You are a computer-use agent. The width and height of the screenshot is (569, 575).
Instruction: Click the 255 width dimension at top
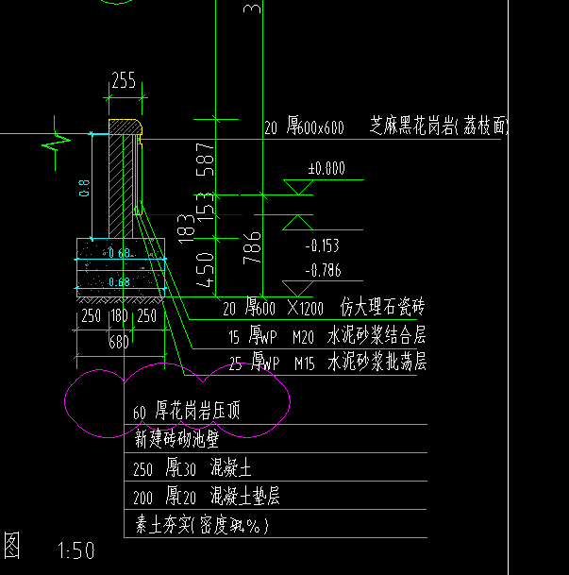click(123, 81)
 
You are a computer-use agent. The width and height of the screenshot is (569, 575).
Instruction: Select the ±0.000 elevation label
click(326, 170)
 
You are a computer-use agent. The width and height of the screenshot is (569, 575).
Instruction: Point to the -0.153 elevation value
click(323, 245)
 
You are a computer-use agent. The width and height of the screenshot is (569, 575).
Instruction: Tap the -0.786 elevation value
click(323, 271)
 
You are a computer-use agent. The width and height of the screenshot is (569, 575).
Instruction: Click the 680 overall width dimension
click(118, 341)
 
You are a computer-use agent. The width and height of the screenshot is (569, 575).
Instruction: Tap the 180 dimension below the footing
click(118, 316)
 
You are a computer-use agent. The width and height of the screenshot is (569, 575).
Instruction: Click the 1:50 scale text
click(76, 550)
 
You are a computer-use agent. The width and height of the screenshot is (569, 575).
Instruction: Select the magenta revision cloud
click(176, 400)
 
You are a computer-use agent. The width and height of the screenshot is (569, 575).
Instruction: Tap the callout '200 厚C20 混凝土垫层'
click(207, 497)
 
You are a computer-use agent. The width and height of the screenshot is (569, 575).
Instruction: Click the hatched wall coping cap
click(125, 126)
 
